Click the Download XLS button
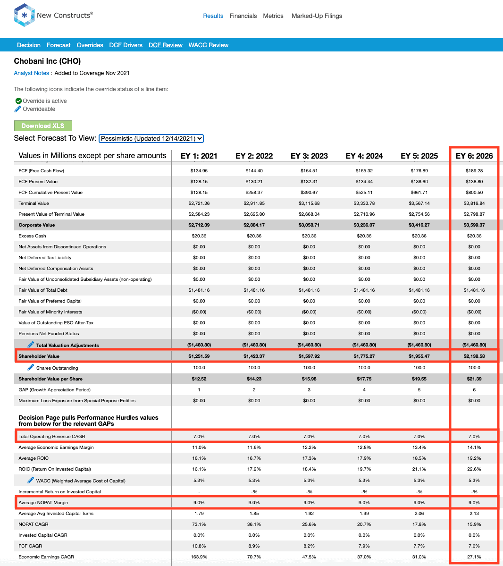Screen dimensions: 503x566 (x=43, y=126)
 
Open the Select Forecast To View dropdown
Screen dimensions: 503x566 (x=151, y=138)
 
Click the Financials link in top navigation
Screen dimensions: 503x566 (x=243, y=16)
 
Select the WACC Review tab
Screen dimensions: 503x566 (x=208, y=45)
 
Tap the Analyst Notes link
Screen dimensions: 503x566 (x=32, y=73)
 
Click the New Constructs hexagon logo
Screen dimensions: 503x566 (x=24, y=15)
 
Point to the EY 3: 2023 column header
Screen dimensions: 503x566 (x=309, y=156)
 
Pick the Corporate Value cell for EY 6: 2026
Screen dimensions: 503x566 (x=474, y=225)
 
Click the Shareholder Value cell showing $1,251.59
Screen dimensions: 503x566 (x=199, y=356)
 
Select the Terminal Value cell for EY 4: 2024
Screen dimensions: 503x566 (x=364, y=203)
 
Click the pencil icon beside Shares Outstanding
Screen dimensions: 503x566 (x=31, y=367)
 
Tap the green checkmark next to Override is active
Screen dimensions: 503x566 (x=18, y=101)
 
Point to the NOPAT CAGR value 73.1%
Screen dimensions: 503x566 (x=199, y=524)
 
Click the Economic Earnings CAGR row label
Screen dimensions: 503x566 (x=46, y=557)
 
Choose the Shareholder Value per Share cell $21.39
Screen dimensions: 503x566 (x=474, y=379)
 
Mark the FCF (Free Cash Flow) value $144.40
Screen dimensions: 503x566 (x=254, y=171)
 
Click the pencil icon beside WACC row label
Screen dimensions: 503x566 (x=31, y=480)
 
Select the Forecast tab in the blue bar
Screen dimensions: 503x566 (x=59, y=45)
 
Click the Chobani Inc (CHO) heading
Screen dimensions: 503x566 (x=47, y=61)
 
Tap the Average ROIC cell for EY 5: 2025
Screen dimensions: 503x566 (x=419, y=458)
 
